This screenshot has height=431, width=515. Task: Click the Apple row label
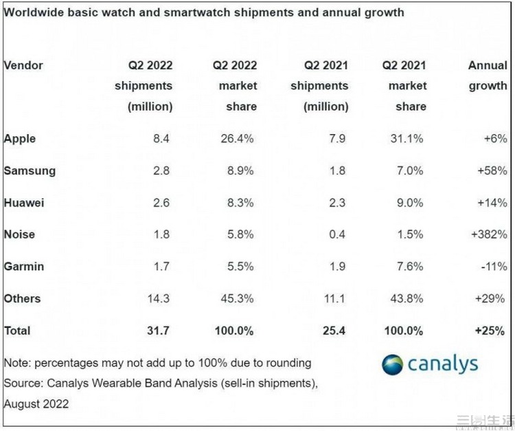[x=20, y=138]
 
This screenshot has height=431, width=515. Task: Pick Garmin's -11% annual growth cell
[x=495, y=266]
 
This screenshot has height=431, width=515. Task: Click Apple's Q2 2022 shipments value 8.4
[x=163, y=138]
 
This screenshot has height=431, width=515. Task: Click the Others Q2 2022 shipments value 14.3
[x=159, y=298]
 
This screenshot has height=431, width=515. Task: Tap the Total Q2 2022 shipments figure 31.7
[x=159, y=331]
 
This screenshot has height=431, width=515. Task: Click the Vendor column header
[x=23, y=65]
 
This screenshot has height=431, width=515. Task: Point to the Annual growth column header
[x=488, y=76]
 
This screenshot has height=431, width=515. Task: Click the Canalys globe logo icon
[x=393, y=364]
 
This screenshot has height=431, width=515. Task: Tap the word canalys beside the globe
[x=443, y=364]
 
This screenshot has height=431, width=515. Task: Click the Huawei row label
[x=23, y=202]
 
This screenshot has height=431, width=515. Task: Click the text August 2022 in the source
[x=36, y=404]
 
